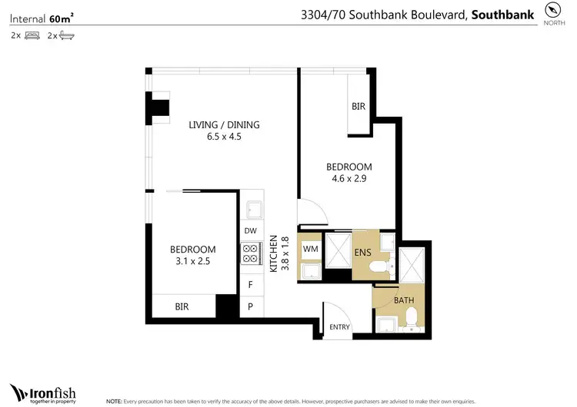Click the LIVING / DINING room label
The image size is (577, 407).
225,124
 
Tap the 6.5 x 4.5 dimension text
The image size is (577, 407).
225,137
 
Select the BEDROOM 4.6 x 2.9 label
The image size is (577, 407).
349,167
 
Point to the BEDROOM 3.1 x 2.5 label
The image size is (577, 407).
192,250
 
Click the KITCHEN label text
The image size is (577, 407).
273,254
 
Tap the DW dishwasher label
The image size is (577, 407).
250,230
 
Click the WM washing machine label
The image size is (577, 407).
311,250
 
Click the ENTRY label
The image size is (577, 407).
339,327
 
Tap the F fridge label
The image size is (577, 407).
250,284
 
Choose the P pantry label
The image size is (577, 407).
250,306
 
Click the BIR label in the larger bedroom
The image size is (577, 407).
359,107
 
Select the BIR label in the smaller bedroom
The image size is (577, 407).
182,306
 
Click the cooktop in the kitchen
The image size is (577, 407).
251,253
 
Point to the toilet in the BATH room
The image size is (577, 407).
412,317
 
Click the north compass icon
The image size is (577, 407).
553,10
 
